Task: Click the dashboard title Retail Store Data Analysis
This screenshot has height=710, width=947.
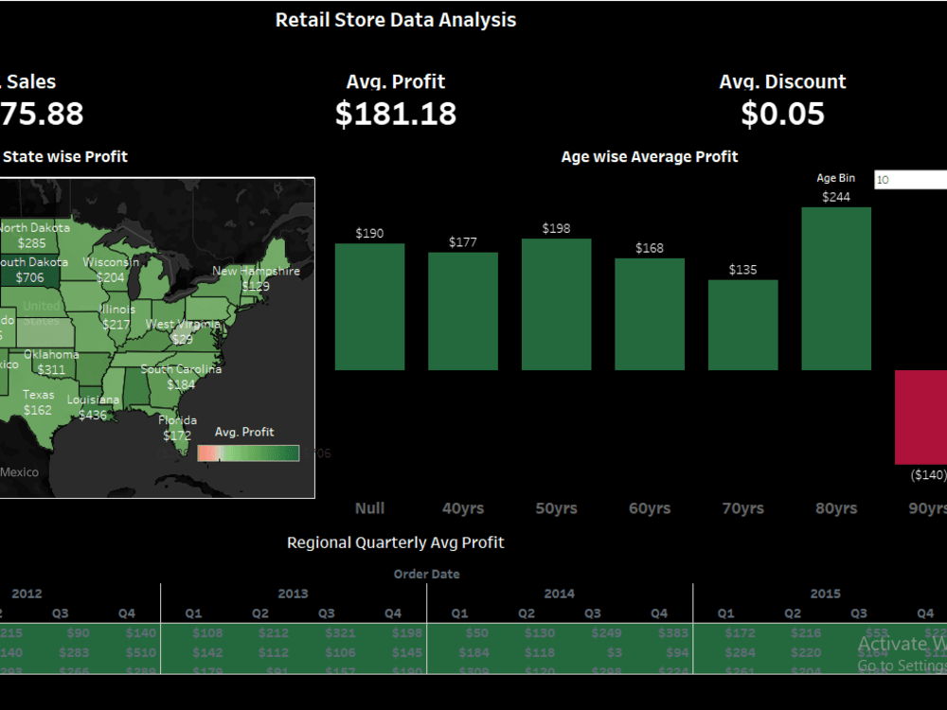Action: pyautogui.click(x=396, y=20)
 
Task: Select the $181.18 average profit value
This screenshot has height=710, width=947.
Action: pyautogui.click(x=396, y=114)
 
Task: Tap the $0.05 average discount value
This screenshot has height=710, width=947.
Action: pyautogui.click(x=782, y=114)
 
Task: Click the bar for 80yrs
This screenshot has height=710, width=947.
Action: pyautogui.click(x=836, y=289)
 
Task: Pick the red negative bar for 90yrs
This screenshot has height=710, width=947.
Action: pyautogui.click(x=920, y=417)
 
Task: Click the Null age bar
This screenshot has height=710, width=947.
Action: pyautogui.click(x=369, y=307)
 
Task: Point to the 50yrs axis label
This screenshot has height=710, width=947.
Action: pyautogui.click(x=556, y=508)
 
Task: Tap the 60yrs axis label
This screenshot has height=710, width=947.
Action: pyautogui.click(x=650, y=508)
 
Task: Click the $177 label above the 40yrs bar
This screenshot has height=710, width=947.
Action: pyautogui.click(x=463, y=242)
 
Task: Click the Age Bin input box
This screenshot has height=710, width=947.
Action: pyautogui.click(x=910, y=180)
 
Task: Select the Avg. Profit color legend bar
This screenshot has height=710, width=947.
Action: pyautogui.click(x=248, y=453)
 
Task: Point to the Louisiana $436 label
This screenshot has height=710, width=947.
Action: pyautogui.click(x=93, y=407)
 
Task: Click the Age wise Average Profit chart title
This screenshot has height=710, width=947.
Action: pyautogui.click(x=650, y=157)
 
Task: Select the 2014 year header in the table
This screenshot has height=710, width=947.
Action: pyautogui.click(x=559, y=594)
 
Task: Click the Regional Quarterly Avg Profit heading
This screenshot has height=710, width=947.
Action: pyautogui.click(x=396, y=542)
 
